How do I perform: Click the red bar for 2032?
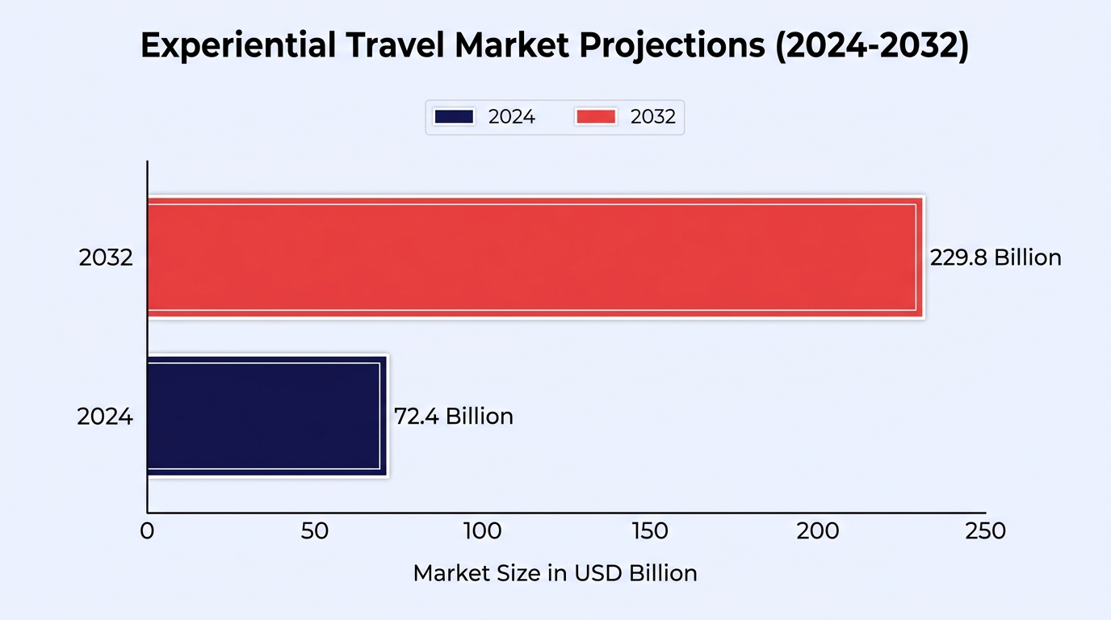pyautogui.click(x=535, y=257)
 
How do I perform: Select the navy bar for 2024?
pyautogui.click(x=268, y=416)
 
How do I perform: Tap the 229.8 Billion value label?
pyautogui.click(x=996, y=258)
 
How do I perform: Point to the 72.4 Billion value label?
pyautogui.click(x=454, y=416)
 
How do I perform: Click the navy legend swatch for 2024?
pyautogui.click(x=454, y=117)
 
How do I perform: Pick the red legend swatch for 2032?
pyautogui.click(x=596, y=117)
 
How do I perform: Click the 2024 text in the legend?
pyautogui.click(x=511, y=117)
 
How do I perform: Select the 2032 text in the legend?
pyautogui.click(x=652, y=117)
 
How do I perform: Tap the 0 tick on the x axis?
pyautogui.click(x=147, y=531)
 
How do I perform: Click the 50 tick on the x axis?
pyautogui.click(x=314, y=531)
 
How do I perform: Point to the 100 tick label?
pyautogui.click(x=483, y=531)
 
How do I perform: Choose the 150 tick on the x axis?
pyautogui.click(x=650, y=531)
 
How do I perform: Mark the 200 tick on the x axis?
pyautogui.click(x=818, y=531)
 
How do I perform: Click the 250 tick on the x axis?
pyautogui.click(x=985, y=531)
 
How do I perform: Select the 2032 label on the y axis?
pyautogui.click(x=106, y=258)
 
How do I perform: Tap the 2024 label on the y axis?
pyautogui.click(x=105, y=417)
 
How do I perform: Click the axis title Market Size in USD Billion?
pyautogui.click(x=555, y=573)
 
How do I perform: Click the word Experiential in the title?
pyautogui.click(x=238, y=46)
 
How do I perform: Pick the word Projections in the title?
pyautogui.click(x=672, y=46)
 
